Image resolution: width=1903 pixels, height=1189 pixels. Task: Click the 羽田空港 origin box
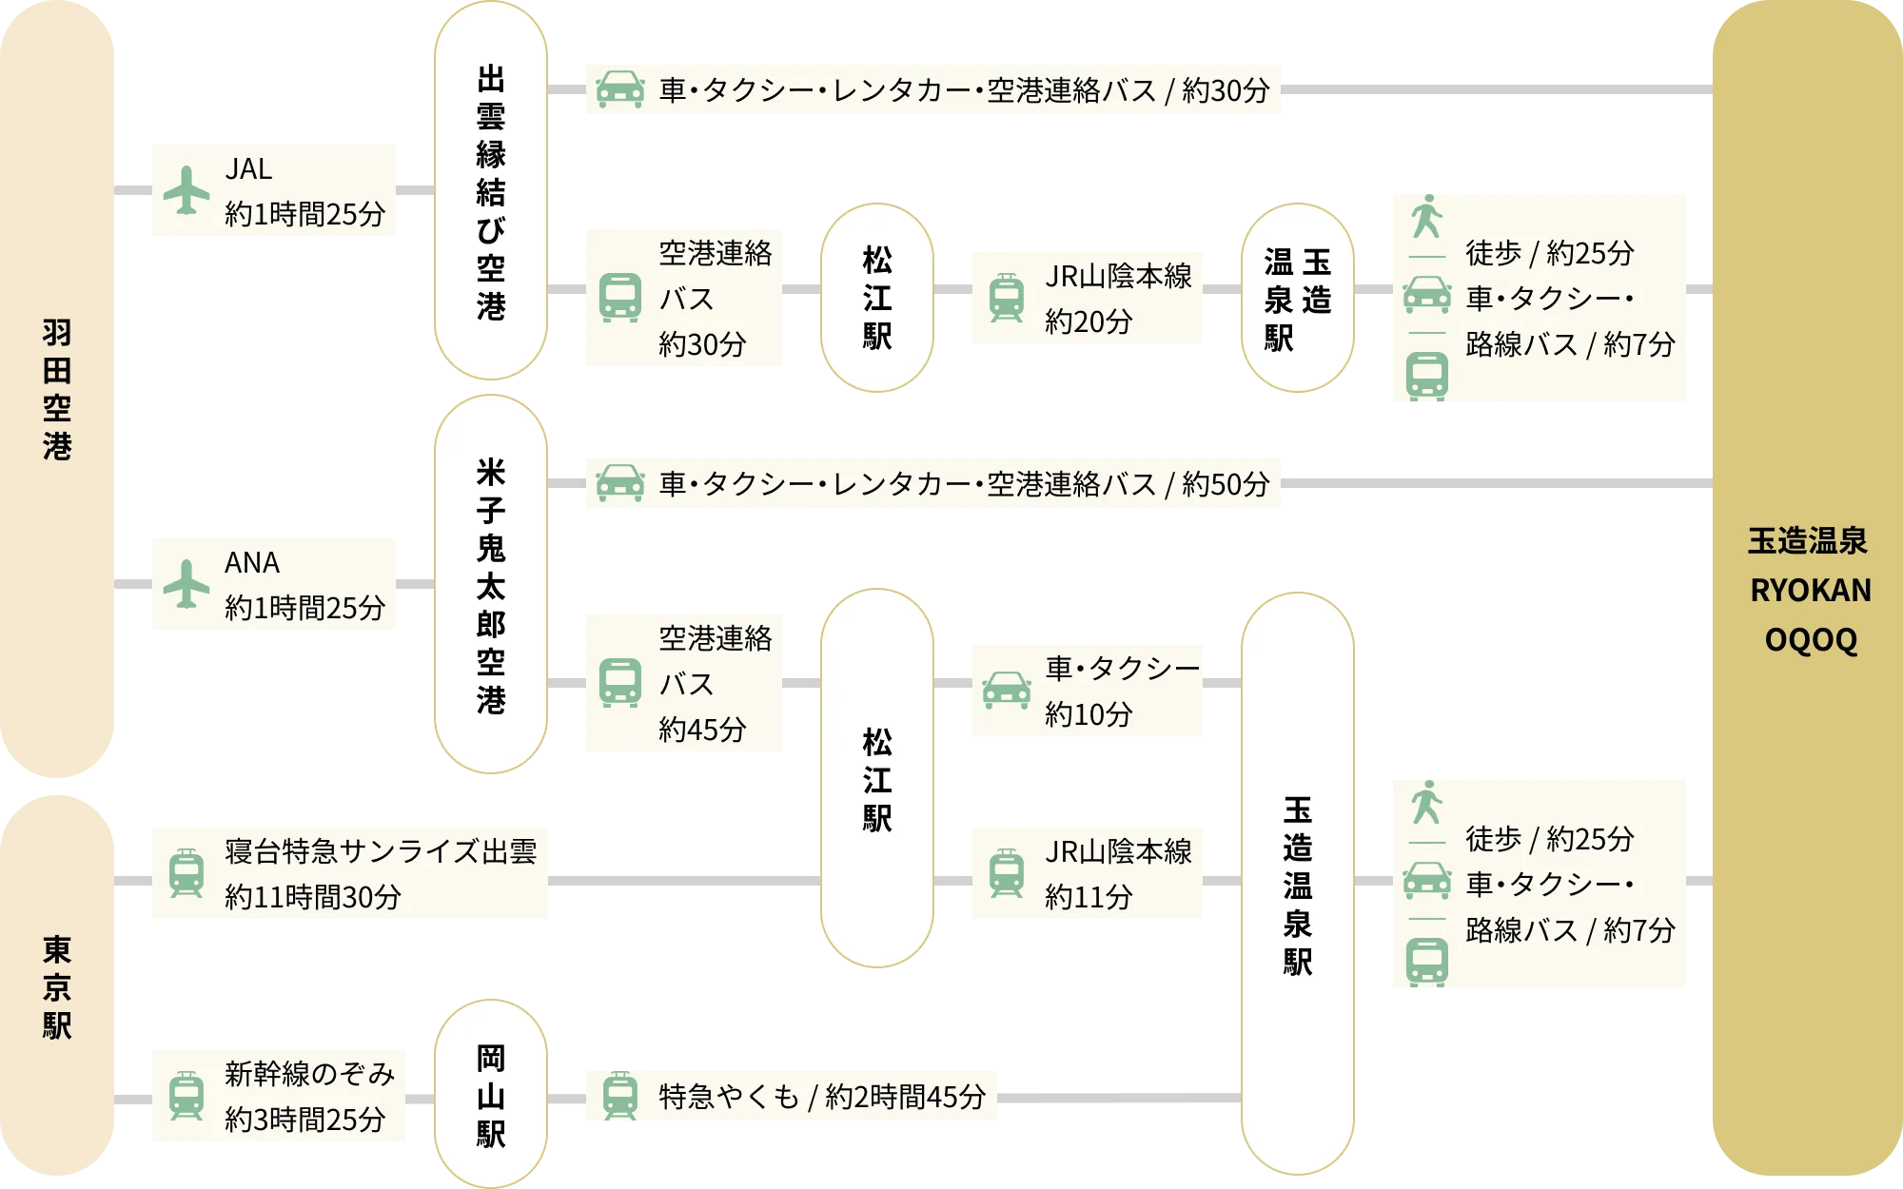coord(57,390)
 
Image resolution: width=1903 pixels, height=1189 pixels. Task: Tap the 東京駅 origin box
coord(57,989)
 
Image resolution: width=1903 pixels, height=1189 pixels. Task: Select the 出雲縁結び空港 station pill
coord(491,190)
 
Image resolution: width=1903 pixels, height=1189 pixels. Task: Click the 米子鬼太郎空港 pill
coord(491,585)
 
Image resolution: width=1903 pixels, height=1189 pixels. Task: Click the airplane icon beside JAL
coord(186,190)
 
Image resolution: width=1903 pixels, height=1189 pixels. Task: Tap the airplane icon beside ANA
coord(186,583)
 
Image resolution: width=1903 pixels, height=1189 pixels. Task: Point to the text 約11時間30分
coord(313,896)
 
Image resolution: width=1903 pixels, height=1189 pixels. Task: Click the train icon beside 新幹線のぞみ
coord(186,1096)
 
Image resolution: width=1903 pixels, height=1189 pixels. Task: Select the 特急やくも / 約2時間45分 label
coord(822,1097)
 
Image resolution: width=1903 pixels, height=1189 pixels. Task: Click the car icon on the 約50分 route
coord(619,483)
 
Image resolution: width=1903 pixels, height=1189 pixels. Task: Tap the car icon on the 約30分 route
coord(619,89)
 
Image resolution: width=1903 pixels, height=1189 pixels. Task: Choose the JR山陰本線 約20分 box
coord(1084,300)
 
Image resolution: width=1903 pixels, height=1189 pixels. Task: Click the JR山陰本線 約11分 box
coord(1084,872)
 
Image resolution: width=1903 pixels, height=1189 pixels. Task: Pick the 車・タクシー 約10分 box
coord(1084,689)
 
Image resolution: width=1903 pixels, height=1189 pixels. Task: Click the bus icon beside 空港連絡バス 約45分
coord(620,683)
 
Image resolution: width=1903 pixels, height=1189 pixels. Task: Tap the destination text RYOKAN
coord(1810,591)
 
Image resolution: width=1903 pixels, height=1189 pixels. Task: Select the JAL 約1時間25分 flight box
coord(273,190)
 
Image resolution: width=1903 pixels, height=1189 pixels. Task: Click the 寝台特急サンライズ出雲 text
coord(381,850)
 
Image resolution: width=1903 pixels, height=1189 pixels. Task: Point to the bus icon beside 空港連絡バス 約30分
coord(620,298)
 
